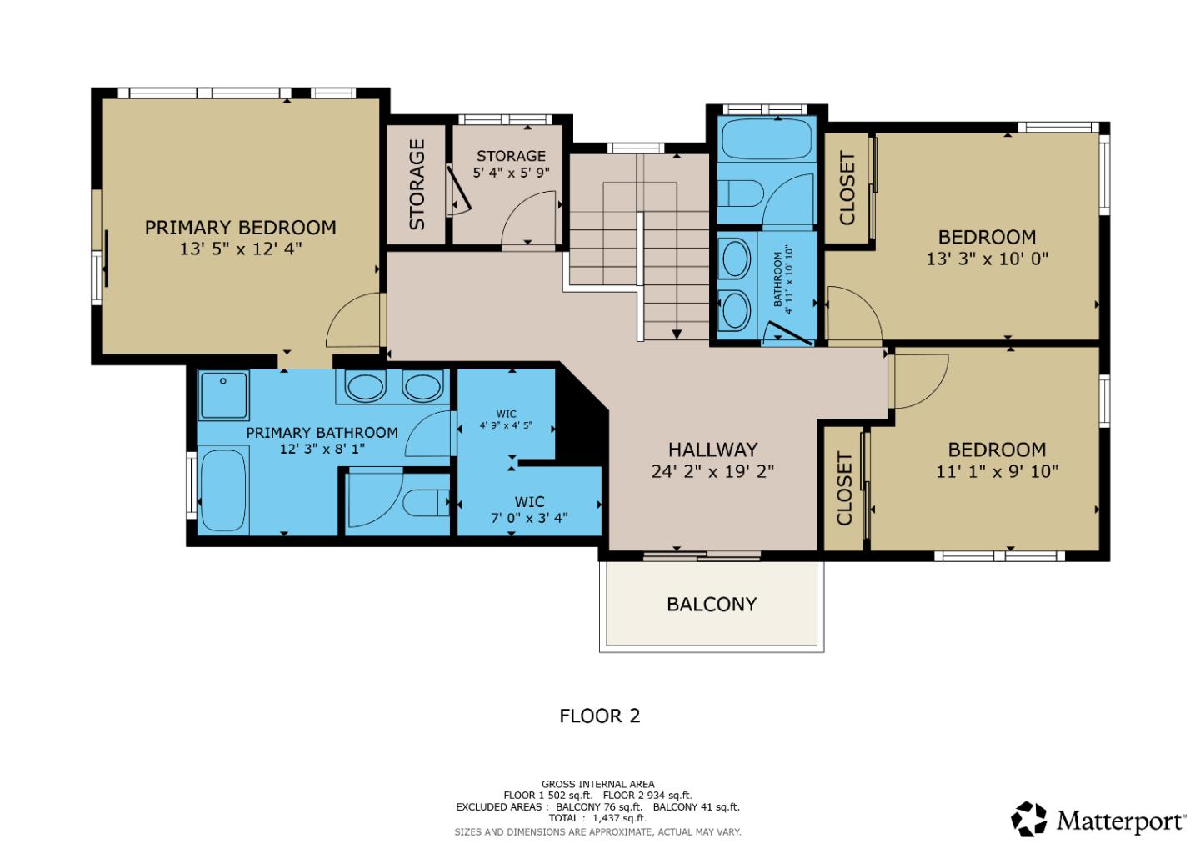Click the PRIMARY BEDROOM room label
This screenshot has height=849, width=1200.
[x=240, y=228]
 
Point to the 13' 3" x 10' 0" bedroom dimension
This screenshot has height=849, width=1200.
[x=987, y=259]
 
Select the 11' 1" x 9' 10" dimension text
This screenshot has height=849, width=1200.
[x=997, y=471]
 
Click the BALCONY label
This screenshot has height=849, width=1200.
[x=712, y=604]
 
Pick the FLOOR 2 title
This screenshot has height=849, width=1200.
[x=599, y=716]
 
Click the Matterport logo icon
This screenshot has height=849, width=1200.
[x=1029, y=819]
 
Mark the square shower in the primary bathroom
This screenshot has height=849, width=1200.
[x=223, y=395]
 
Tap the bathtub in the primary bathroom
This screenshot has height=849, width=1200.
[x=223, y=490]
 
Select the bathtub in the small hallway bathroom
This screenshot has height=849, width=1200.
[x=767, y=138]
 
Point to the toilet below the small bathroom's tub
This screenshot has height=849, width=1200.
[x=741, y=193]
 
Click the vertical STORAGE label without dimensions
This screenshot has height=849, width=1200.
[x=417, y=184]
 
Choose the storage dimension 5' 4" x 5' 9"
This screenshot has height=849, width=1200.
[x=511, y=173]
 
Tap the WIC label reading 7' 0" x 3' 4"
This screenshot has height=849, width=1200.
[x=529, y=517]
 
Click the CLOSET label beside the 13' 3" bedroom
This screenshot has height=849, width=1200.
[x=847, y=188]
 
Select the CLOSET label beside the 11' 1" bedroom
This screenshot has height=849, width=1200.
[x=844, y=489]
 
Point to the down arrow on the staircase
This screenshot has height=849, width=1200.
[x=677, y=334]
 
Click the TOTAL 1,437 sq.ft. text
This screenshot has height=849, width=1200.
[x=597, y=818]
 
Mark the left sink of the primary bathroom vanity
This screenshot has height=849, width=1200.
[x=364, y=387]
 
